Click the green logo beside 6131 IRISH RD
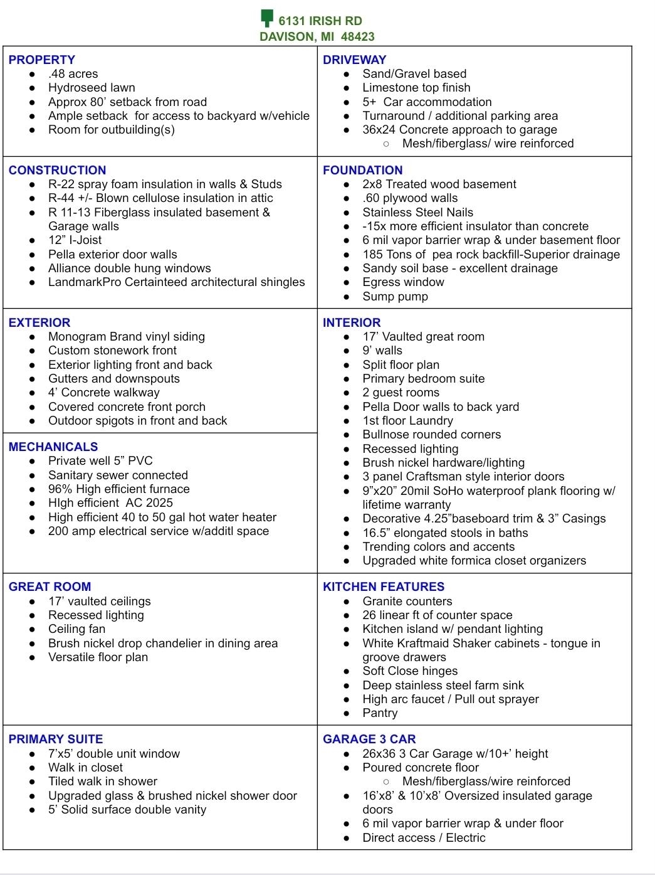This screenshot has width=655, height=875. (267, 18)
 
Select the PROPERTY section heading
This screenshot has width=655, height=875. (41, 60)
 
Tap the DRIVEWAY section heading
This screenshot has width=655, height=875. (354, 60)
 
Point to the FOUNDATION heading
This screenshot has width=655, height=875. (362, 170)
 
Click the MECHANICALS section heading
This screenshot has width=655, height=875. (53, 447)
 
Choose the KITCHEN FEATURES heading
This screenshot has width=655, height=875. (384, 586)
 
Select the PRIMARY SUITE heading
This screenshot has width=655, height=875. (56, 739)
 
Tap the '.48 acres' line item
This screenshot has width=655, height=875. (73, 73)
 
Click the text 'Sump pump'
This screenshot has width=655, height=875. (395, 296)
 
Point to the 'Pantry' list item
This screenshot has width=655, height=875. (380, 713)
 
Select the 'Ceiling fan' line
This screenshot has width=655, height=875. (76, 628)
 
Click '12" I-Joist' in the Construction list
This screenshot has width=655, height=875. (75, 240)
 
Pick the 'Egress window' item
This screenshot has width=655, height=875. (403, 282)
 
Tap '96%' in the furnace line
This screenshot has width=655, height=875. (60, 489)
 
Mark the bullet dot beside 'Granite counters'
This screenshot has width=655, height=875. (347, 602)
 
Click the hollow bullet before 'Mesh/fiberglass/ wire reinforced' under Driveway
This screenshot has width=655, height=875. (386, 144)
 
